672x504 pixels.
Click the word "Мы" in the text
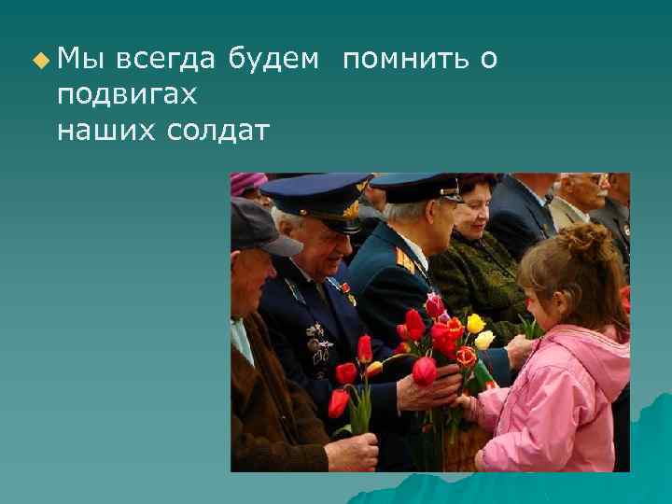tap(77, 60)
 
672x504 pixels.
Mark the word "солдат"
tap(217, 131)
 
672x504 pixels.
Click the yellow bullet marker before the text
tap(38, 61)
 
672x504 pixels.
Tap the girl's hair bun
tap(588, 241)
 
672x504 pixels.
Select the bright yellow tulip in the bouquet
tap(476, 324)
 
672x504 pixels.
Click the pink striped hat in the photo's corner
tap(246, 183)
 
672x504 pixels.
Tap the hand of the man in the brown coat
tap(353, 452)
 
